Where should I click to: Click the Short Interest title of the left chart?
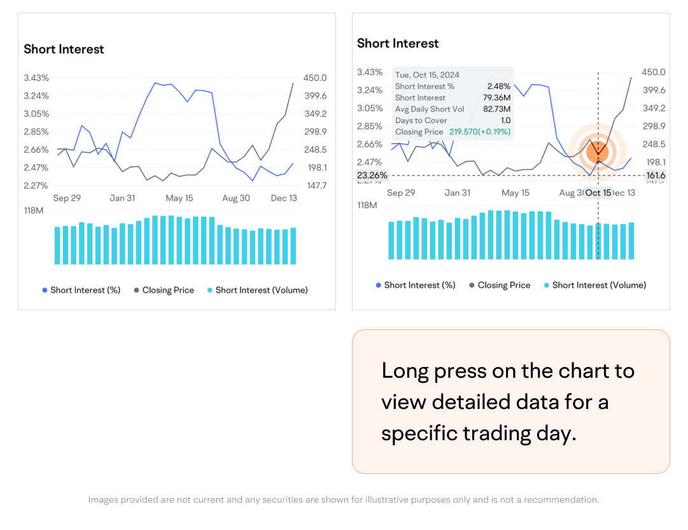click(x=64, y=49)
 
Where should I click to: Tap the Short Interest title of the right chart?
click(x=398, y=43)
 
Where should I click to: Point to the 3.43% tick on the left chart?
click(x=36, y=78)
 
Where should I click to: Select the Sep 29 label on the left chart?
click(x=67, y=198)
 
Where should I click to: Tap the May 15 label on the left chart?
click(x=179, y=198)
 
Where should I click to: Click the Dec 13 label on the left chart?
click(x=284, y=198)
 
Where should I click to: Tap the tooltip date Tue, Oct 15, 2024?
click(x=427, y=75)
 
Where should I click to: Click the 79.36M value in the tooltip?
click(x=497, y=97)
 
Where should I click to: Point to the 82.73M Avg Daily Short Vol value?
click(x=496, y=109)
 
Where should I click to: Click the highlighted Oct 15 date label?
click(x=598, y=193)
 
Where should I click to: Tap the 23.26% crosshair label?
click(x=372, y=175)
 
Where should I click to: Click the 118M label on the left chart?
click(x=33, y=210)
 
